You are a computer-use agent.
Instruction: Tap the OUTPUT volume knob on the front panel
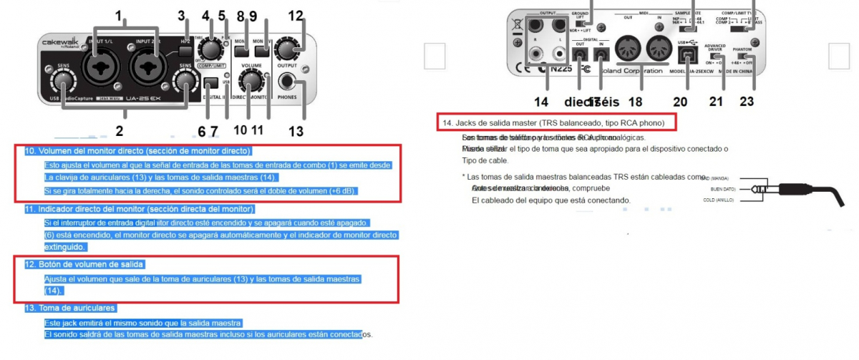click(288, 49)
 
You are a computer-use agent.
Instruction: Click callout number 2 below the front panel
click(119, 131)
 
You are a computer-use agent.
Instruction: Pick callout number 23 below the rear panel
click(747, 101)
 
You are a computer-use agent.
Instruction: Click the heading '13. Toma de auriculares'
click(69, 308)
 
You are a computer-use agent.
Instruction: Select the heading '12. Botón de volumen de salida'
click(84, 264)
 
